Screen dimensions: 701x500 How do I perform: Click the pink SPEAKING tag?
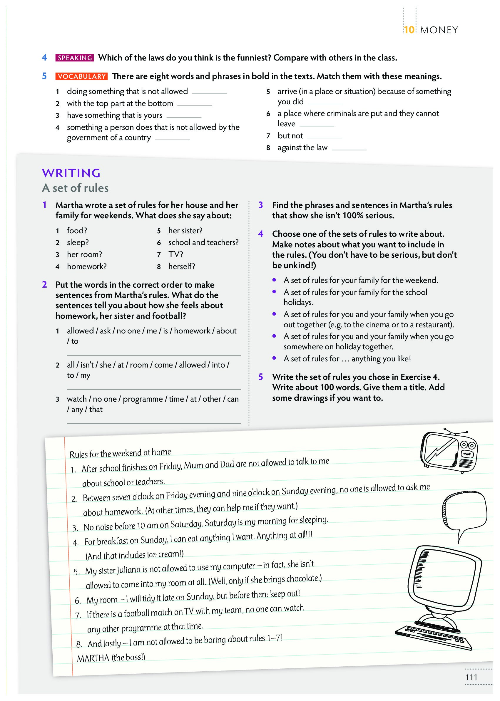click(75, 58)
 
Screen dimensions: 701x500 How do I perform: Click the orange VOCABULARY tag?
click(82, 76)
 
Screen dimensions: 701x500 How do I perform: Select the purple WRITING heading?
click(71, 173)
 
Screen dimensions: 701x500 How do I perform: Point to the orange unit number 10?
click(409, 30)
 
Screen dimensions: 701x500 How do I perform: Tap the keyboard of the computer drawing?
click(434, 637)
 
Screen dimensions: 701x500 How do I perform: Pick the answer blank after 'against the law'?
click(349, 149)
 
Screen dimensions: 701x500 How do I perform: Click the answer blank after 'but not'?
click(324, 137)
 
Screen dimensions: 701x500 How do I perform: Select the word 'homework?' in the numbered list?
click(87, 266)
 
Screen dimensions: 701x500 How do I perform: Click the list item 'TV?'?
click(175, 254)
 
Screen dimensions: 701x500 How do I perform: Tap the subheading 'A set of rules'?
click(76, 188)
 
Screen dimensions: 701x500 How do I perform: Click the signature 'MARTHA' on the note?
click(93, 658)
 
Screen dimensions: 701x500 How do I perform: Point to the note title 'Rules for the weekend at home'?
click(120, 453)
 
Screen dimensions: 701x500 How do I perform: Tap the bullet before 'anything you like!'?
click(274, 358)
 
